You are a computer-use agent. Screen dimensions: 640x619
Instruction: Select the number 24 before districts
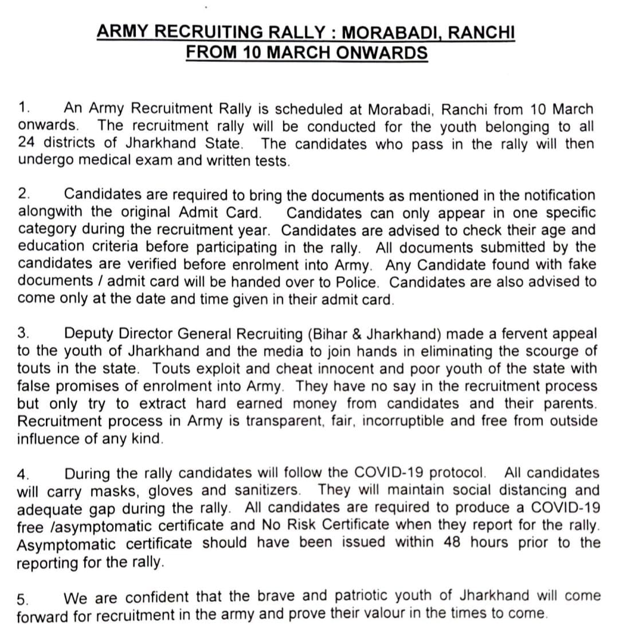(x=26, y=144)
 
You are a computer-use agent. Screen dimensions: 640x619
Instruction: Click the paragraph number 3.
(x=23, y=334)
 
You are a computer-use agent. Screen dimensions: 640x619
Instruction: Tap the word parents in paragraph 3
(x=567, y=403)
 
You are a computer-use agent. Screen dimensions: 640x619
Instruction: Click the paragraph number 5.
(x=22, y=600)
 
